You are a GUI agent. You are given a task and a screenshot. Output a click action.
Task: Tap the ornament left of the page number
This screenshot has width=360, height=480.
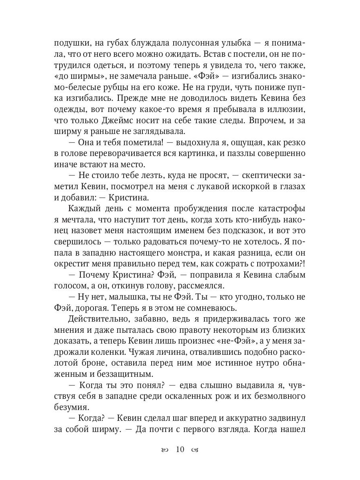[164, 450]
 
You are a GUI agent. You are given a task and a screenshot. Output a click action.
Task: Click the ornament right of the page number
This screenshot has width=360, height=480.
[195, 450]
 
